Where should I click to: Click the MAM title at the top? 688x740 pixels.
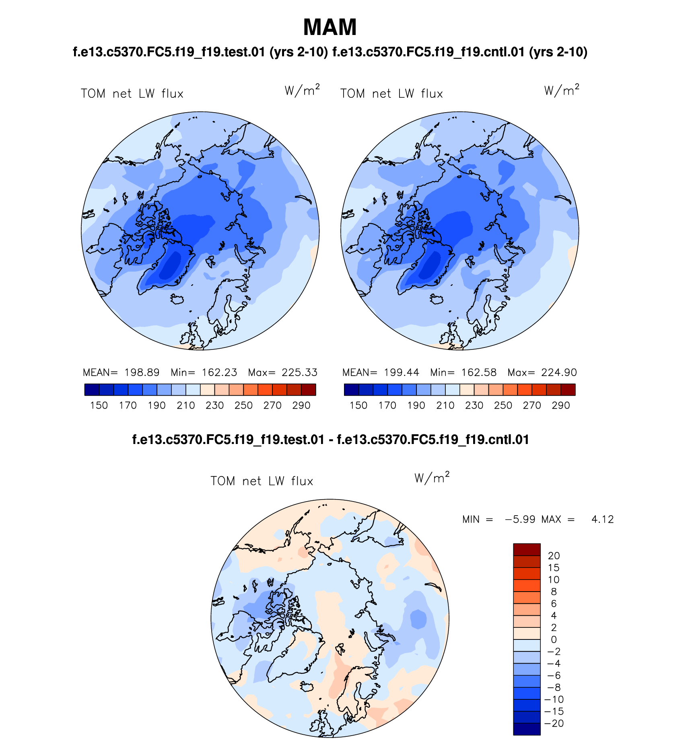[330, 27]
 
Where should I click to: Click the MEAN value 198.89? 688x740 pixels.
[142, 372]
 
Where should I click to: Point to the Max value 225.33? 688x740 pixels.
[299, 372]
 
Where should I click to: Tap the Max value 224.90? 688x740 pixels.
[559, 372]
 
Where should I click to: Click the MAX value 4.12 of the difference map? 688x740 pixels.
[602, 519]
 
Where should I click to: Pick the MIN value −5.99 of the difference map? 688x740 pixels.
[520, 519]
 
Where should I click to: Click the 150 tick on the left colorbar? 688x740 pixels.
[99, 405]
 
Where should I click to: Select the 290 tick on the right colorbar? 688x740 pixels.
[561, 405]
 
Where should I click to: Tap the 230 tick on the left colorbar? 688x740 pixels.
[214, 405]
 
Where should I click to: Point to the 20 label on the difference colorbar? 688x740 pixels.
[554, 556]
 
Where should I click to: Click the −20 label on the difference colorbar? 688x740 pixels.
[554, 723]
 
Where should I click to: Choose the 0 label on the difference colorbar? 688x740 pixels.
[554, 639]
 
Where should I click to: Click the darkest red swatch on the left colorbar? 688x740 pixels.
[309, 390]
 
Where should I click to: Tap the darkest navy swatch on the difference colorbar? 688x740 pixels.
[527, 729]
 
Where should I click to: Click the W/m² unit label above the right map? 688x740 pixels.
[562, 90]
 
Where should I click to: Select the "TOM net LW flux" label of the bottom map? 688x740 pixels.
[262, 481]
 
